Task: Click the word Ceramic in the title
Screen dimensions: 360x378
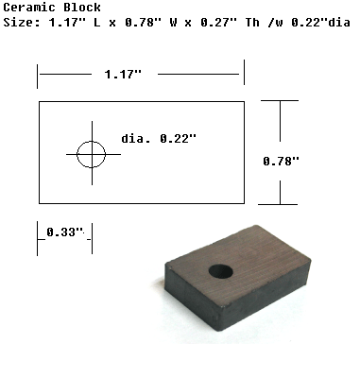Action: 29,8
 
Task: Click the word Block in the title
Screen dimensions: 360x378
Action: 82,8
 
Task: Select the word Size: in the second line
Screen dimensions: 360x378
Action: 22,23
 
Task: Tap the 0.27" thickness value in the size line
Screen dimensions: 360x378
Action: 218,23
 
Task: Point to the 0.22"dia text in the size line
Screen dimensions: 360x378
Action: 320,23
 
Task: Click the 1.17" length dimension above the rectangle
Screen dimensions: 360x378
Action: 123,75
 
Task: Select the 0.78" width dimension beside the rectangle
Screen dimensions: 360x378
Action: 281,162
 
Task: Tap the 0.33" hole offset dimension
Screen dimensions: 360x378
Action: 65,232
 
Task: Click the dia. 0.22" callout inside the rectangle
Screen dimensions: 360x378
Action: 159,139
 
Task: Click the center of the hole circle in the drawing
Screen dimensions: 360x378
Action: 92,154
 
